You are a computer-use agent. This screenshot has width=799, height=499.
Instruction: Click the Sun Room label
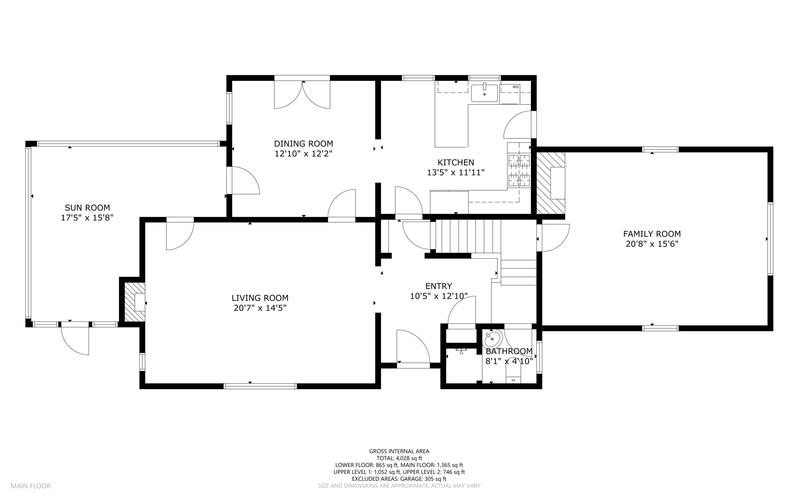click(x=87, y=208)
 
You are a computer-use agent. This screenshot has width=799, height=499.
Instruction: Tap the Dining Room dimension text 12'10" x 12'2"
click(x=303, y=154)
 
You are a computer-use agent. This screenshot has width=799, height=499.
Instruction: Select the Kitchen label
click(x=456, y=162)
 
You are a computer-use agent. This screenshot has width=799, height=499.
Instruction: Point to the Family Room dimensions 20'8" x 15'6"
click(x=652, y=244)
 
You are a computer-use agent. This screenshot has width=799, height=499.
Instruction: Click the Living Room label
click(x=260, y=298)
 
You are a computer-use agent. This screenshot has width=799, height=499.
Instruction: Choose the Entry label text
click(x=439, y=286)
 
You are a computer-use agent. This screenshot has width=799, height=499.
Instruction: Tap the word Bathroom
click(x=509, y=351)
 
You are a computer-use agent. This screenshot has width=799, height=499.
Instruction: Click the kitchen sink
click(x=485, y=93)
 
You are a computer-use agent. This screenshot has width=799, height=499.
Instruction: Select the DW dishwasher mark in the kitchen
click(x=515, y=87)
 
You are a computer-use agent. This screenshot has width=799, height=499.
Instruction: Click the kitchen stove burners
click(x=519, y=170)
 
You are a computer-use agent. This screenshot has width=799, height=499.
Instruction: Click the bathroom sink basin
click(x=492, y=339)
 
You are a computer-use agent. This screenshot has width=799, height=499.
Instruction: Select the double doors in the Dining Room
click(x=302, y=94)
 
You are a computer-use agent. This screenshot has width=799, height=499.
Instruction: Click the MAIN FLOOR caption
click(x=30, y=486)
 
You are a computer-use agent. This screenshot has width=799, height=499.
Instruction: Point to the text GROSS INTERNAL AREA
click(x=399, y=451)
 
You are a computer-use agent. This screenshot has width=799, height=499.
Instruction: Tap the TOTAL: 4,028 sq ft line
click(x=399, y=458)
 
